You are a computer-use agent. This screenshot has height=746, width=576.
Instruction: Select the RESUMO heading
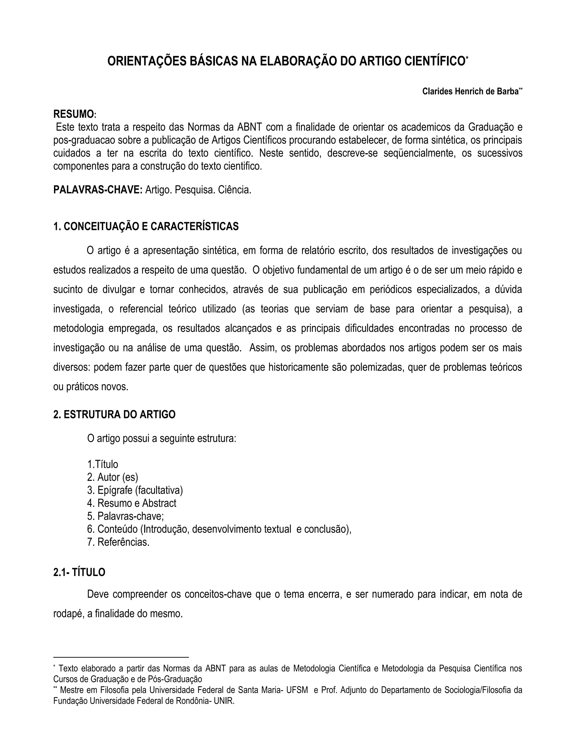[x=74, y=114]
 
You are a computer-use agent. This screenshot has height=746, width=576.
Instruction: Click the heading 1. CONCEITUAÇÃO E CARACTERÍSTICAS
[x=146, y=226]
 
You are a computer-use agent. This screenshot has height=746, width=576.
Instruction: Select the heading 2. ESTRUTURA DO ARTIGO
[x=114, y=414]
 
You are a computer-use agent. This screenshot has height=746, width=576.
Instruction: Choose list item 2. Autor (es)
[x=112, y=477]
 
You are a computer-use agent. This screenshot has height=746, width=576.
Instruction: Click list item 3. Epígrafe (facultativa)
[x=135, y=490]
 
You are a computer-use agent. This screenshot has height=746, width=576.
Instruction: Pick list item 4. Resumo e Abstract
[x=132, y=503]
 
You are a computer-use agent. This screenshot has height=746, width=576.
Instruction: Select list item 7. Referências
[x=118, y=542]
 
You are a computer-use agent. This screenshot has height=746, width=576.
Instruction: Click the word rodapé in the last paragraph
[x=67, y=614]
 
